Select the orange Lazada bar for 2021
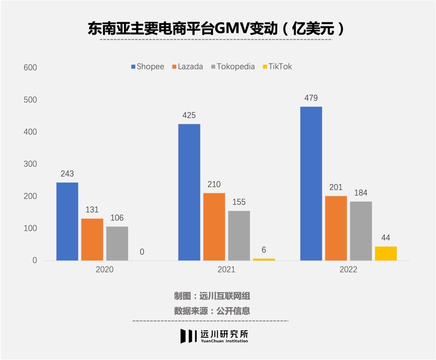[x=214, y=226]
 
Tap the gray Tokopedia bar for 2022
[x=361, y=230]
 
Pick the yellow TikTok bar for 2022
[x=386, y=253]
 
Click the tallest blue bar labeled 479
[x=311, y=183]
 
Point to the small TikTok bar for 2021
[x=264, y=259]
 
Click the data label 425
[x=189, y=115]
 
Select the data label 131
[x=92, y=210]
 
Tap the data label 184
[x=361, y=193]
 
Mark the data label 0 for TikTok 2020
[x=142, y=252]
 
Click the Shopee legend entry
[x=147, y=67]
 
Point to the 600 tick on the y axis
[x=30, y=67]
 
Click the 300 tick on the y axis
[x=30, y=164]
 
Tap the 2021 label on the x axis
[x=226, y=270]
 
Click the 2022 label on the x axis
[x=348, y=270]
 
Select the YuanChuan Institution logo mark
[x=189, y=336]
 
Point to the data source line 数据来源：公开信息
[x=212, y=311]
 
